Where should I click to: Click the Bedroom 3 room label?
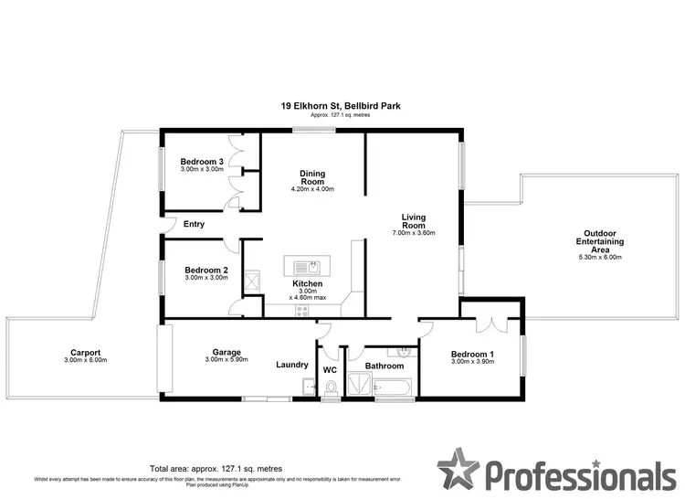[202, 160]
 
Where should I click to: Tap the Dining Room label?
[312, 177]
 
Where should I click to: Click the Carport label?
[85, 353]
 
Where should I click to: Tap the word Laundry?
[291, 365]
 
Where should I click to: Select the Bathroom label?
[384, 366]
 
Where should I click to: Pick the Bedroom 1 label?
[473, 354]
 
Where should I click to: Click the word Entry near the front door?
[194, 224]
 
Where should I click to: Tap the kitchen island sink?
[311, 267]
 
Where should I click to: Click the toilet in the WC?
[331, 390]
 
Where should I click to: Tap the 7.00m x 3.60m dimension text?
[414, 233]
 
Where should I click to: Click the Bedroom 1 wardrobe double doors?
[492, 324]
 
